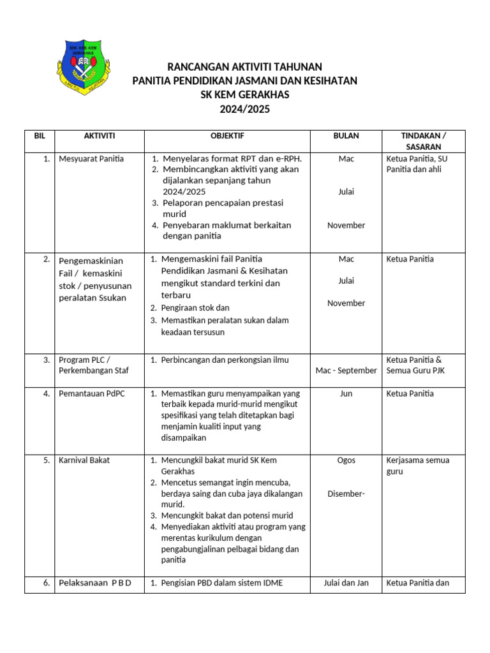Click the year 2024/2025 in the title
244,109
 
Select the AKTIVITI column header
100,136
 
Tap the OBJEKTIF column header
227,136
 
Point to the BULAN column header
346,136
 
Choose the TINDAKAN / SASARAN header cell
423,141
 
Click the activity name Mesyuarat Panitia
91,159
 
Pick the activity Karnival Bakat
84,460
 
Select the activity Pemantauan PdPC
92,393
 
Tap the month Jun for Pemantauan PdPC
346,393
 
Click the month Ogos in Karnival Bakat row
346,460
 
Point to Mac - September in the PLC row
346,371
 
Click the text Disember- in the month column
346,494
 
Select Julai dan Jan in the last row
346,583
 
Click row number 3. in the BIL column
47,360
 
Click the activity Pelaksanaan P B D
95,583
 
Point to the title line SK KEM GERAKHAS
244,95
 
